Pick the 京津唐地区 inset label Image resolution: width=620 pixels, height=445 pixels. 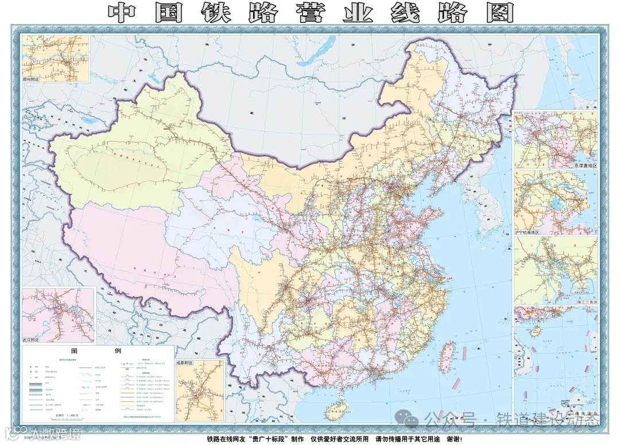(x=584, y=166)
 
